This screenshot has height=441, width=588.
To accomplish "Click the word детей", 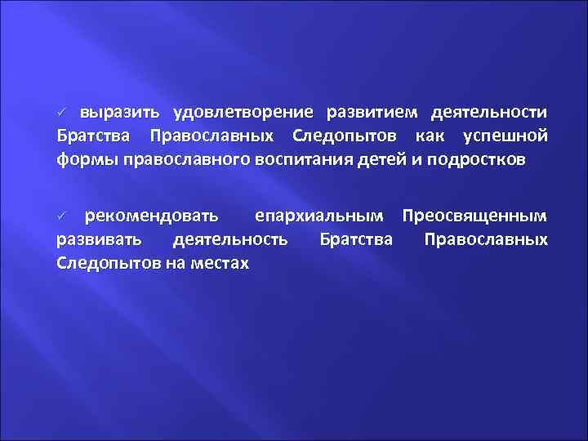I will tap(390, 158).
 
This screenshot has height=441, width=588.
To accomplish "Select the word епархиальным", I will tap(318, 216).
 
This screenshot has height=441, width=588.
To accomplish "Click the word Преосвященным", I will tap(474, 216).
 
